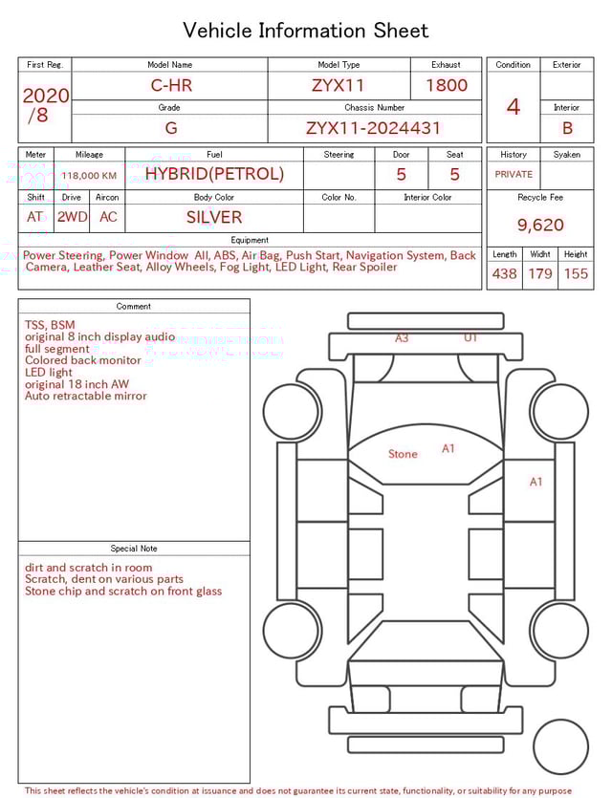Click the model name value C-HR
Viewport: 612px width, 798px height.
click(171, 85)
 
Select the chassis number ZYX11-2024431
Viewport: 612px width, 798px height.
click(373, 128)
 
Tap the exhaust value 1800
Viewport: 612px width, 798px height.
click(447, 85)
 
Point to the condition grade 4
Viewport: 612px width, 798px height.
click(513, 107)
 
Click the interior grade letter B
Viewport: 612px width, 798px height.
click(567, 128)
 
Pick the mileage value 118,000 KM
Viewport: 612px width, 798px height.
click(89, 176)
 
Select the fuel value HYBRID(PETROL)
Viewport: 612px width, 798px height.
click(214, 174)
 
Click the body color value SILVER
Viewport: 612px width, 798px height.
click(214, 217)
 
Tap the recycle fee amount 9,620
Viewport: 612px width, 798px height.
click(540, 226)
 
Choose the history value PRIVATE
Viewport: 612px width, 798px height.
click(514, 175)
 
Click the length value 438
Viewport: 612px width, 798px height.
click(504, 274)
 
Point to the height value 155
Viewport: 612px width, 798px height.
click(576, 274)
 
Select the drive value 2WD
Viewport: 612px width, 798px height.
click(72, 217)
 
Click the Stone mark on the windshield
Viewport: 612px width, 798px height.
click(403, 454)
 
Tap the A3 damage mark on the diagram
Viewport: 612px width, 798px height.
click(402, 338)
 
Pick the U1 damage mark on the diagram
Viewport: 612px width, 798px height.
click(470, 338)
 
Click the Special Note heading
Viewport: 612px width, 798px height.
click(134, 549)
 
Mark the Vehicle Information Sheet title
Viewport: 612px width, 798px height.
click(306, 31)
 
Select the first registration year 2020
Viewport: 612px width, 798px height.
click(45, 96)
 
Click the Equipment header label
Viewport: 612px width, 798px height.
click(250, 240)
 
